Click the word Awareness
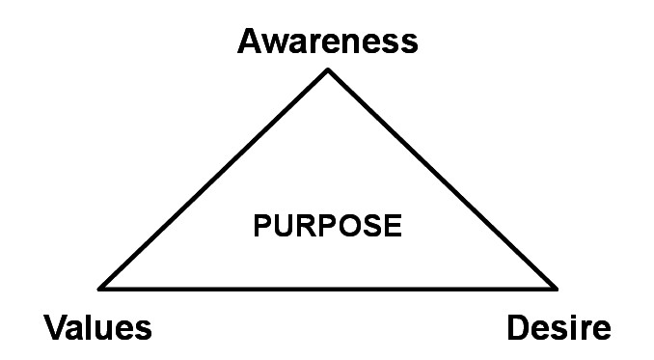[328, 42]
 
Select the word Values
[97, 328]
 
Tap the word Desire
[559, 328]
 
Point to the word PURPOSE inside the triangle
[326, 227]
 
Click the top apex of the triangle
[328, 70]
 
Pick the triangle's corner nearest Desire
[556, 288]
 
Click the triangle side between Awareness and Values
[215, 179]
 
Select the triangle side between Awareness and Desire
[442, 179]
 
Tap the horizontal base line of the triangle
[328, 288]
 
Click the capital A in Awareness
[251, 42]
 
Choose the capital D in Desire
[520, 328]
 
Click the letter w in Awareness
[276, 43]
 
